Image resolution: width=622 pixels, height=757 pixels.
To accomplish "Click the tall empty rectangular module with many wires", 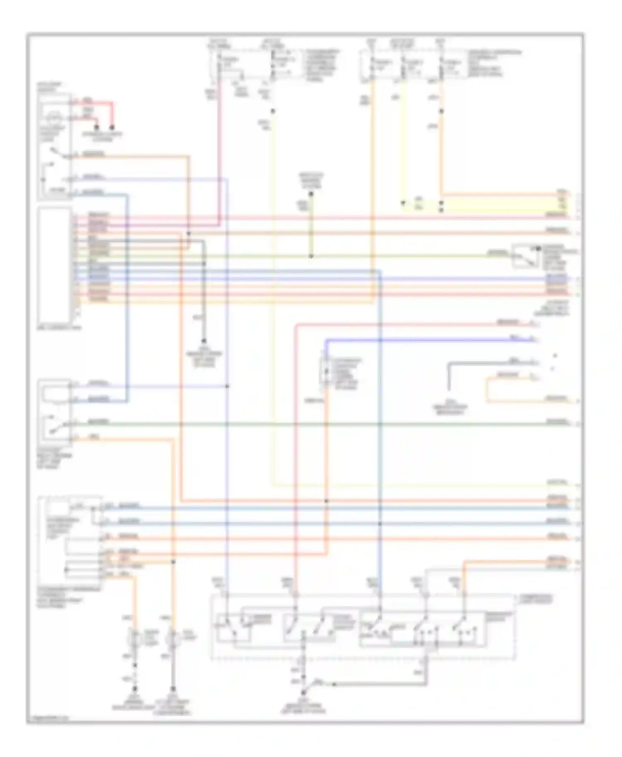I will click(54, 265).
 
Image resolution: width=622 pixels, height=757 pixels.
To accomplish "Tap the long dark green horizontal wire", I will click(332, 424).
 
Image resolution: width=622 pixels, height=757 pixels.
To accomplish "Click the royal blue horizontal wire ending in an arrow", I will click(431, 340).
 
